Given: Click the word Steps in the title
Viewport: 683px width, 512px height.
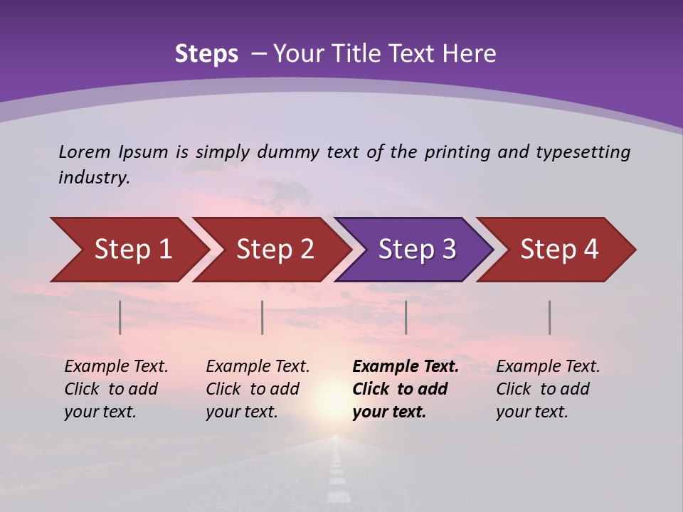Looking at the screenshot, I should tap(206, 54).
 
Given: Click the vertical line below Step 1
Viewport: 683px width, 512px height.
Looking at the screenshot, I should tap(120, 317).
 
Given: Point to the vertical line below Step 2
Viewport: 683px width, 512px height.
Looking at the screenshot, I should tap(263, 317).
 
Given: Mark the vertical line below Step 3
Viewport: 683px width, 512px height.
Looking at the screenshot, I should tap(406, 317).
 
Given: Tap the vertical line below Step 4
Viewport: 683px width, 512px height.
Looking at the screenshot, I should tap(549, 317).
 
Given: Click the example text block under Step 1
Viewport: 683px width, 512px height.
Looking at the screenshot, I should tap(116, 389).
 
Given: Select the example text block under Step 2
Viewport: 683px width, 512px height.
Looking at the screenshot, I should tap(258, 389).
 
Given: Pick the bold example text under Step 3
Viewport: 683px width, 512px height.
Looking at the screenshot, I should tap(406, 389).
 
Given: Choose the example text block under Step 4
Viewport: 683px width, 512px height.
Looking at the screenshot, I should tap(548, 389).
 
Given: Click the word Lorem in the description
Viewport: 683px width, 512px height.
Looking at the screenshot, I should tap(85, 151).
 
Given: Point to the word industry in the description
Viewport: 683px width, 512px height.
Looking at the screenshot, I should tap(94, 178).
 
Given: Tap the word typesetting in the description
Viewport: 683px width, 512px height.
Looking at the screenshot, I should tap(583, 152).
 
